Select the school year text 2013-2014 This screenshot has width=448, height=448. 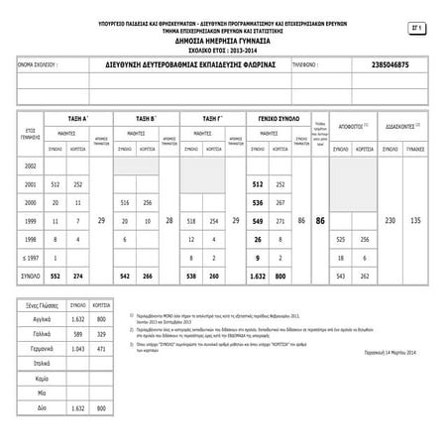(x=237, y=48)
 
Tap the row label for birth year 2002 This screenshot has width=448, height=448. (x=31, y=167)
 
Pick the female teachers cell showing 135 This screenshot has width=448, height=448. (x=417, y=219)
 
